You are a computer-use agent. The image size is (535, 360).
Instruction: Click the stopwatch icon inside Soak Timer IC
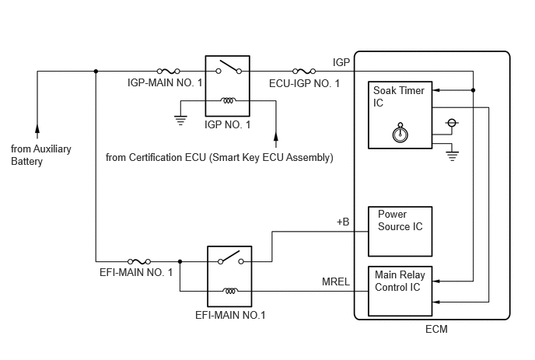click(x=400, y=133)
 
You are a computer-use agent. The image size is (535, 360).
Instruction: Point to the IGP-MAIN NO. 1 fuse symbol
click(x=168, y=71)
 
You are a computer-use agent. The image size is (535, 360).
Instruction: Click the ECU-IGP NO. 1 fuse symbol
click(x=304, y=71)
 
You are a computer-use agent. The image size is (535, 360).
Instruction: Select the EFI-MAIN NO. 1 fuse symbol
click(x=139, y=261)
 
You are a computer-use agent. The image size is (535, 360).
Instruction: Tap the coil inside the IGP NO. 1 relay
click(x=228, y=100)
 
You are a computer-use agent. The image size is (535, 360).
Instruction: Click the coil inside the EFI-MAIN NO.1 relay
click(x=230, y=291)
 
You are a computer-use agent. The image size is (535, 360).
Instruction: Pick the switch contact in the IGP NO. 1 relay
click(x=229, y=68)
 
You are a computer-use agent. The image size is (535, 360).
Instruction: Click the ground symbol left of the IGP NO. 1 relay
click(x=180, y=121)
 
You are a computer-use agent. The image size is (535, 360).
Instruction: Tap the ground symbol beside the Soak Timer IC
click(x=452, y=156)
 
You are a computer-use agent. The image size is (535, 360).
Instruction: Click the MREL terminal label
click(x=336, y=281)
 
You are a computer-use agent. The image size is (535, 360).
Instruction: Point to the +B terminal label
click(x=343, y=222)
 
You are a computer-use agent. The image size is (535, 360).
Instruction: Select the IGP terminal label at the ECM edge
click(x=341, y=62)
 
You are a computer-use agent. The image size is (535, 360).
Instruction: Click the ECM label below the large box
click(x=436, y=329)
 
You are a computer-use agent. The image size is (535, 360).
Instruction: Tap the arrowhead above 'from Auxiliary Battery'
click(x=37, y=128)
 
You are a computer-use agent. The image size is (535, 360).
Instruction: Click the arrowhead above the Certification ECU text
click(x=276, y=135)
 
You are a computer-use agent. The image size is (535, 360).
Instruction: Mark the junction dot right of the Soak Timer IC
click(x=474, y=90)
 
